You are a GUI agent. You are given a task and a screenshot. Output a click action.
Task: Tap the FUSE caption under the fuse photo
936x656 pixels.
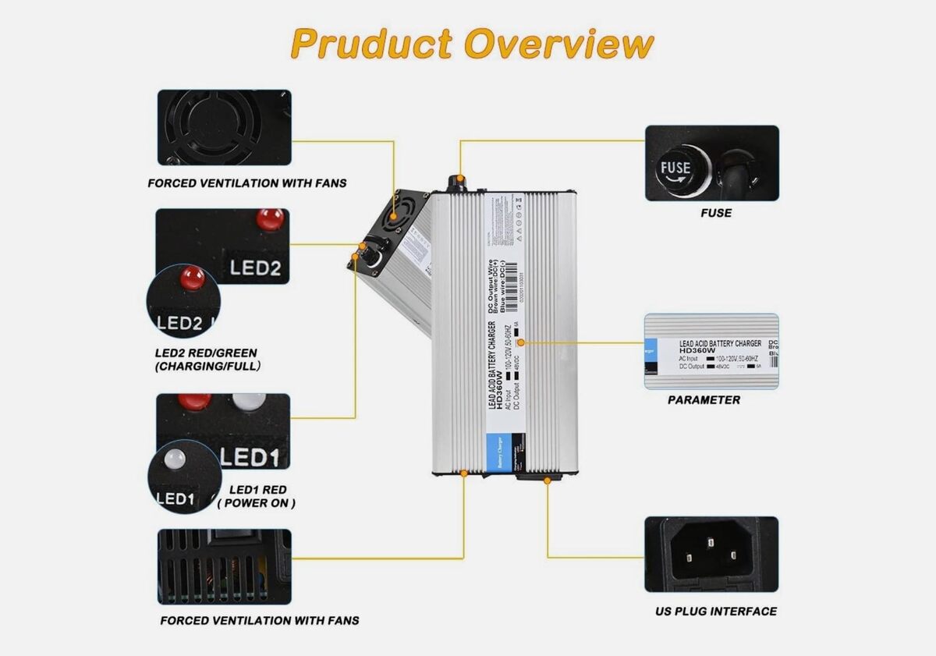click(715, 212)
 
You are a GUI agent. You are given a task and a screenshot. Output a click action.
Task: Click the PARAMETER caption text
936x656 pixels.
click(704, 400)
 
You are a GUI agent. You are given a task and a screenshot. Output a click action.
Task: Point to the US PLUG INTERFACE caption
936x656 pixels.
click(715, 612)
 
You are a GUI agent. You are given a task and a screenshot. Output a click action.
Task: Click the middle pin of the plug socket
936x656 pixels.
click(711, 539)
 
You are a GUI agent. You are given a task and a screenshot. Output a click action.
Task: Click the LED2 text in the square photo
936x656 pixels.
click(254, 268)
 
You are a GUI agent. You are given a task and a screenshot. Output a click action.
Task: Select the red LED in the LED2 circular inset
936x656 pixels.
click(191, 277)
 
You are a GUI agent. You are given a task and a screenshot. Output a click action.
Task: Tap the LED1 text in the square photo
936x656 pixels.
click(250, 457)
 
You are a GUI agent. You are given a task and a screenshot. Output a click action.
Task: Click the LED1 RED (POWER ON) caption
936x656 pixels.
click(257, 496)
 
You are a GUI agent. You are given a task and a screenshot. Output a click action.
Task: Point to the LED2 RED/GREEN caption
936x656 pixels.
click(207, 359)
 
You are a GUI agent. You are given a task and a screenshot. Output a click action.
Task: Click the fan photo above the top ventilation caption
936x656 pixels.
click(225, 127)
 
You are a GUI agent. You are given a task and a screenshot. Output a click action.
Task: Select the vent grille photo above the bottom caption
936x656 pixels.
click(225, 567)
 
